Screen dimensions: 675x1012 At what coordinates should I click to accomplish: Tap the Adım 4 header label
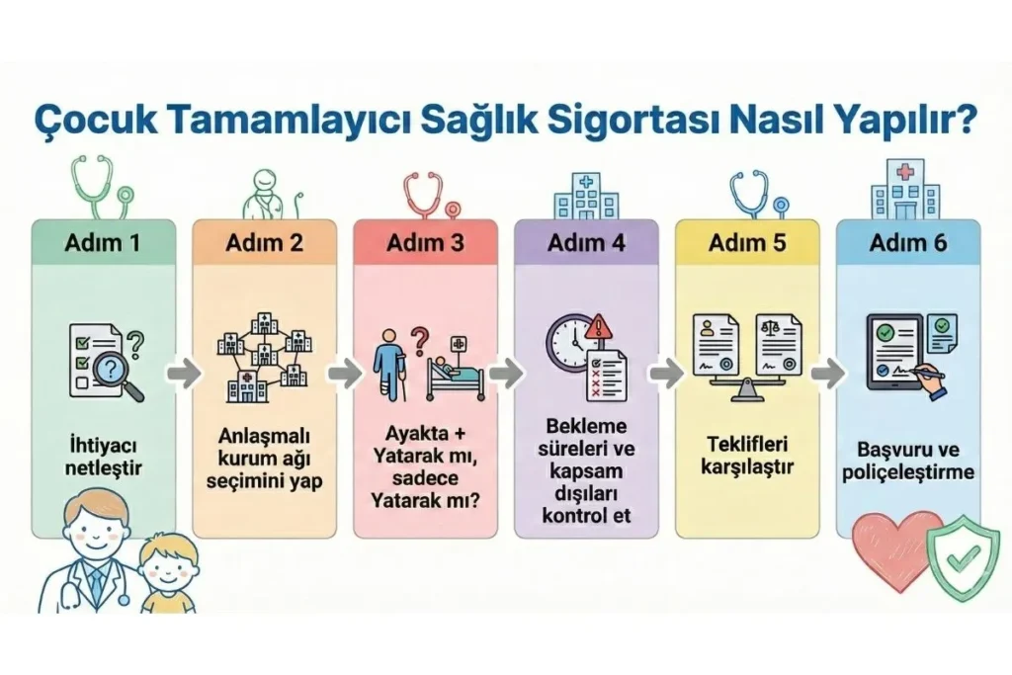point(586,243)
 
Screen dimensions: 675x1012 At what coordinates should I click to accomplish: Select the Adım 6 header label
point(908,243)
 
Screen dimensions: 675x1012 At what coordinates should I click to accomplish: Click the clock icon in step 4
point(571,343)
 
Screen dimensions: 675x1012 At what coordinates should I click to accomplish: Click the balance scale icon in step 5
point(747,363)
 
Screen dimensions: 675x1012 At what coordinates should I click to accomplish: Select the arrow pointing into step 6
point(828,374)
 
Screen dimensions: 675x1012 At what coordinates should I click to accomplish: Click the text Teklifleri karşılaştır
point(747,455)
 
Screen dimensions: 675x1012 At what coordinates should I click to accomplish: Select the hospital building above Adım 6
point(904,189)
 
